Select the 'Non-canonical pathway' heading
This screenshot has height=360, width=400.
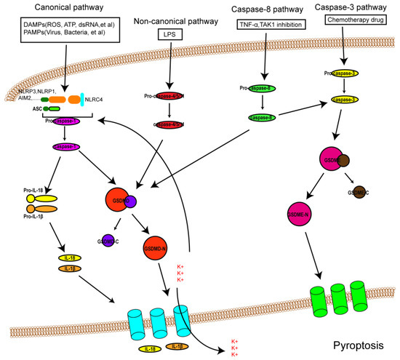click(170, 22)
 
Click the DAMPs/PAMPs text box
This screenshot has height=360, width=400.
click(57, 31)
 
